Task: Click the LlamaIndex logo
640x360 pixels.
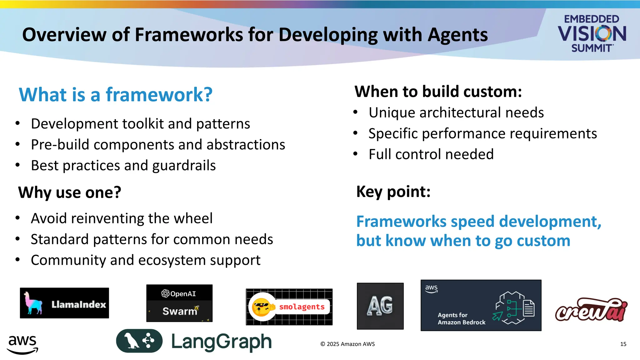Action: [64, 303]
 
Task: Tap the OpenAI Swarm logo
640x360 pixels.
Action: [179, 303]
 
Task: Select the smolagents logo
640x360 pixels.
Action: [289, 307]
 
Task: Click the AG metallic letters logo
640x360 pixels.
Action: [380, 306]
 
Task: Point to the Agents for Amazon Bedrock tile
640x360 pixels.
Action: [481, 305]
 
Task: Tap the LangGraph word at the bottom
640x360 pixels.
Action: [221, 342]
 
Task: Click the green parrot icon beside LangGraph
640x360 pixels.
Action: [139, 341]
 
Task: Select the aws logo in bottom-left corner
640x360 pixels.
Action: [22, 344]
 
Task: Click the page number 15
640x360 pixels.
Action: [623, 344]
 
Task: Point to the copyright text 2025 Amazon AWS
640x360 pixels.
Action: [347, 344]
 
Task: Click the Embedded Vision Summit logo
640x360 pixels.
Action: [592, 33]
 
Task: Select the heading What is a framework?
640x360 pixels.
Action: [116, 95]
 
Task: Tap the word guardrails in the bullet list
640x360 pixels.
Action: [184, 166]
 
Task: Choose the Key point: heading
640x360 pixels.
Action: [393, 192]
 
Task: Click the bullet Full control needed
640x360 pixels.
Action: [431, 154]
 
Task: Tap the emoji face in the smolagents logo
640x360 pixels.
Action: [262, 307]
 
